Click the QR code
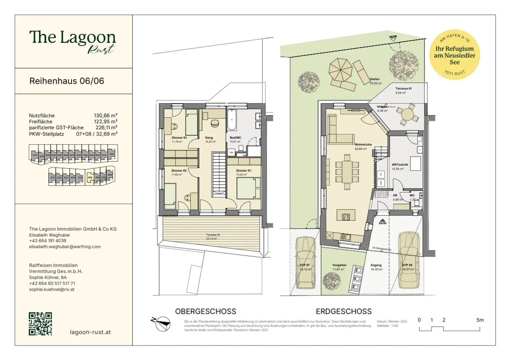[x=40, y=324]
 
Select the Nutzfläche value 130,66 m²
[x=105, y=116]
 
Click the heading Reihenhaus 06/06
[x=67, y=81]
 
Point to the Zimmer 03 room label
[x=179, y=138]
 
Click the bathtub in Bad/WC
[x=231, y=120]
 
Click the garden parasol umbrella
[x=340, y=70]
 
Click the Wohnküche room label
[x=363, y=145]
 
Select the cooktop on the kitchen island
[x=346, y=217]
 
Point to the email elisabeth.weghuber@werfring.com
[x=65, y=247]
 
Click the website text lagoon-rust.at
[x=90, y=332]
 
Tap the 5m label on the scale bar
[x=480, y=320]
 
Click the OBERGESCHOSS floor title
[x=205, y=312]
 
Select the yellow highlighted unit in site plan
[x=90, y=177]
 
